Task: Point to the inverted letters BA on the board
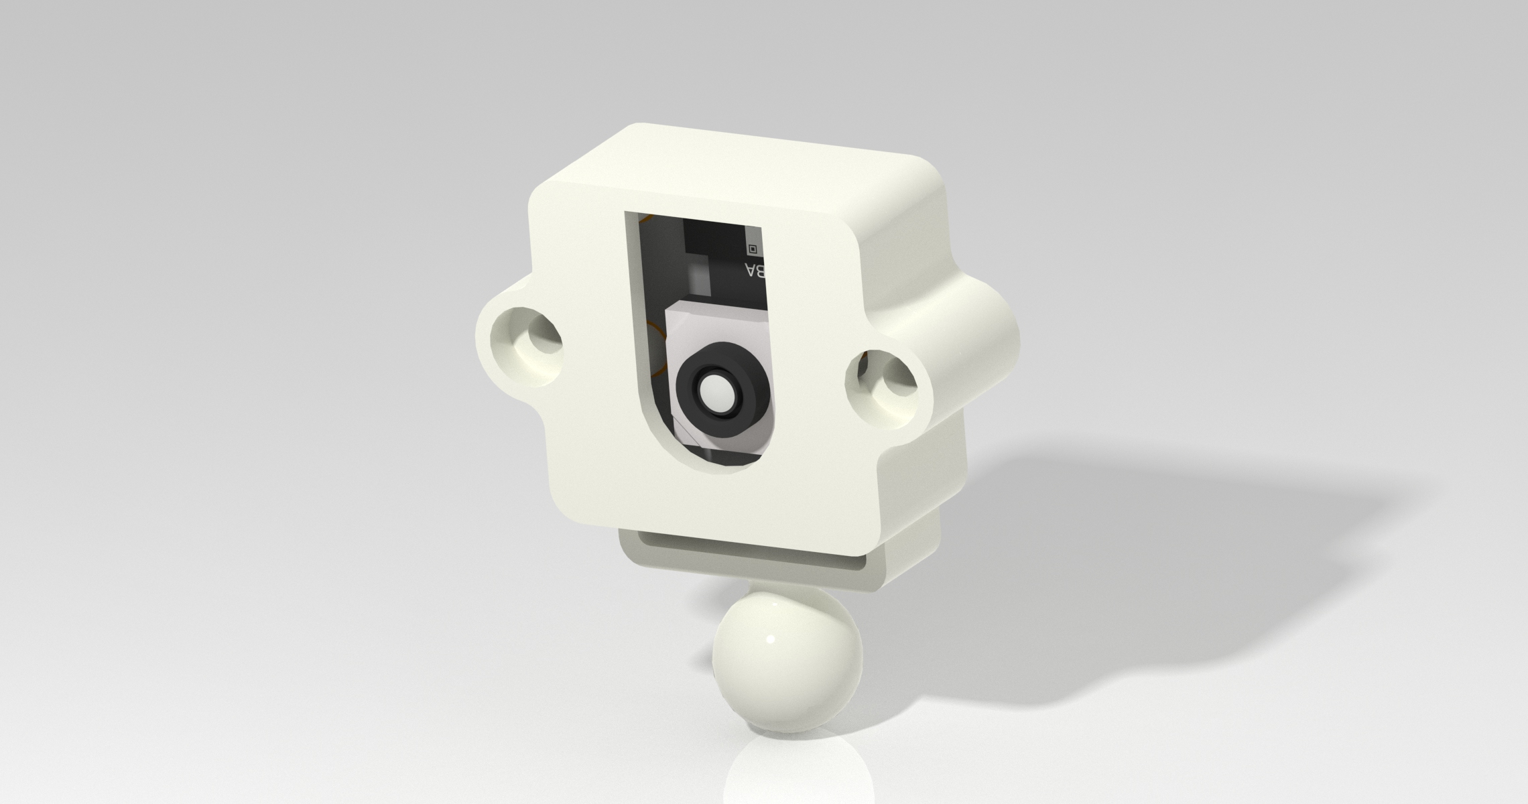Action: click(x=755, y=272)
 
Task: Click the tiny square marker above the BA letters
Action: click(x=752, y=249)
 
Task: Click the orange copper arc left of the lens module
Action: click(x=653, y=348)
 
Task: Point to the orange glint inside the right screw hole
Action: click(x=867, y=362)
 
